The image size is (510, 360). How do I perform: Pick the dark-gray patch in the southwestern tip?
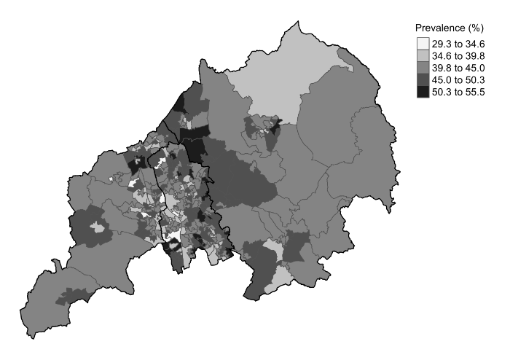click(x=79, y=295)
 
